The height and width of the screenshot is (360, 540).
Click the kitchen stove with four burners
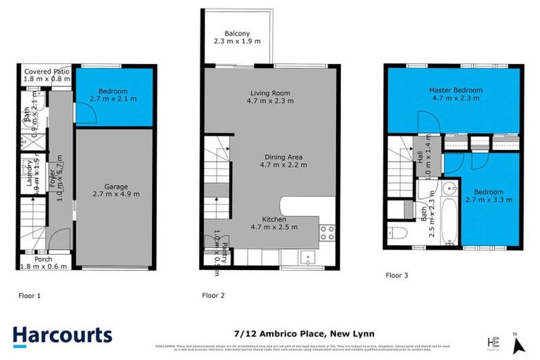click(328, 231)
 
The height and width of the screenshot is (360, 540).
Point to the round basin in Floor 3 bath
click(425, 191)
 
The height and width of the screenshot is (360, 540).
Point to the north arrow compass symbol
click(519, 344)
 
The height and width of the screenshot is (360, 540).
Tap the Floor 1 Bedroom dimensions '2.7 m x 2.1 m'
click(113, 99)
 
